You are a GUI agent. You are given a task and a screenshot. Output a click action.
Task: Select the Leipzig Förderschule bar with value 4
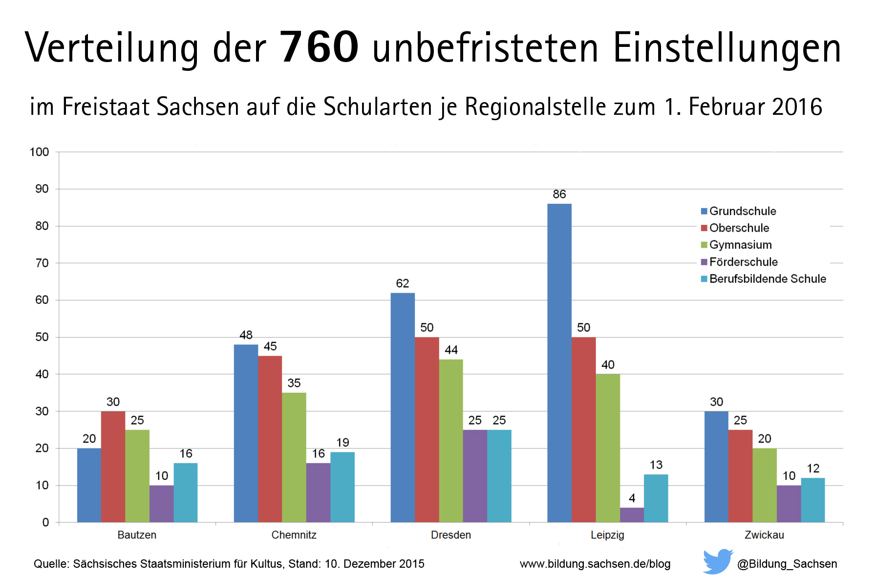tap(632, 515)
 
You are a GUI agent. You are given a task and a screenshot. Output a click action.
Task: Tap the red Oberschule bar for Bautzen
tap(113, 467)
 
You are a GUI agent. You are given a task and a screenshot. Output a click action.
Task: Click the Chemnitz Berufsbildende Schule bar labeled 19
tap(342, 487)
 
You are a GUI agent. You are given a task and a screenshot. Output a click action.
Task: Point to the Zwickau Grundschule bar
tap(716, 467)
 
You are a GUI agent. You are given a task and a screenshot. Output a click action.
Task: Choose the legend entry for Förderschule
tap(743, 262)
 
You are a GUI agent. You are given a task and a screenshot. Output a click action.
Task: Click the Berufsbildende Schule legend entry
tap(767, 279)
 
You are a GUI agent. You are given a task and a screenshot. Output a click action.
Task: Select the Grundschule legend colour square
tap(704, 211)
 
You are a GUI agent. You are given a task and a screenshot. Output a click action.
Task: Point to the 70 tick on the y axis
tap(42, 263)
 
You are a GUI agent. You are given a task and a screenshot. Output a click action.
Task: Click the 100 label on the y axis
tap(39, 152)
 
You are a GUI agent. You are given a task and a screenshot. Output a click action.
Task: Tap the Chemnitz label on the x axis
tap(294, 535)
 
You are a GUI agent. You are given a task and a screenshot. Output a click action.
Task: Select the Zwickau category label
tap(764, 535)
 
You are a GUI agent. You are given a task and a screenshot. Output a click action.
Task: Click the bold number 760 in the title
tap(320, 47)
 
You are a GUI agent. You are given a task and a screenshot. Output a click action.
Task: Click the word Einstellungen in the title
tap(727, 47)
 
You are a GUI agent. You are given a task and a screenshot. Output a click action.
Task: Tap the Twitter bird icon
tap(717, 561)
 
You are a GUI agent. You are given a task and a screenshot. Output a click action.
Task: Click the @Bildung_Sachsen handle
tap(787, 564)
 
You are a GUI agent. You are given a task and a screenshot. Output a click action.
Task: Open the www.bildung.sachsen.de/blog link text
tap(595, 564)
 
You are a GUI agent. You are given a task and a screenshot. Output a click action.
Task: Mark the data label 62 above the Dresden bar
tap(402, 283)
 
